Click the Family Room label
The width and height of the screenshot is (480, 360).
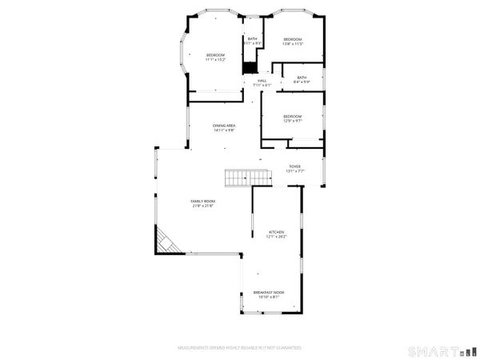coord(202,201)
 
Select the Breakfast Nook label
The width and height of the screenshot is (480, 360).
coord(269,293)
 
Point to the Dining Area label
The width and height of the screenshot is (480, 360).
coord(223,126)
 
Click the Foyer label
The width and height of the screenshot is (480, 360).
coord(294,166)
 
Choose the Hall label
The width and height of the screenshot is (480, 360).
coord(262,80)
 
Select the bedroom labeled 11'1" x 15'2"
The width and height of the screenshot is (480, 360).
coord(215,57)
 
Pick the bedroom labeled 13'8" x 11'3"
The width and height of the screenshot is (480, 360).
coord(293,42)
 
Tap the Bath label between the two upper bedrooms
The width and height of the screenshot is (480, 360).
coord(253,39)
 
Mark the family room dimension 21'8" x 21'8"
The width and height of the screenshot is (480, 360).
coord(202,206)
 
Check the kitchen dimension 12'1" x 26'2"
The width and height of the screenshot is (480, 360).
coord(277,236)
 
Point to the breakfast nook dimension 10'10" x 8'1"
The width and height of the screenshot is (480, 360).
coord(269,298)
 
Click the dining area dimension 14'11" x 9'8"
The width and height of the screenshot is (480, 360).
coord(223,130)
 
